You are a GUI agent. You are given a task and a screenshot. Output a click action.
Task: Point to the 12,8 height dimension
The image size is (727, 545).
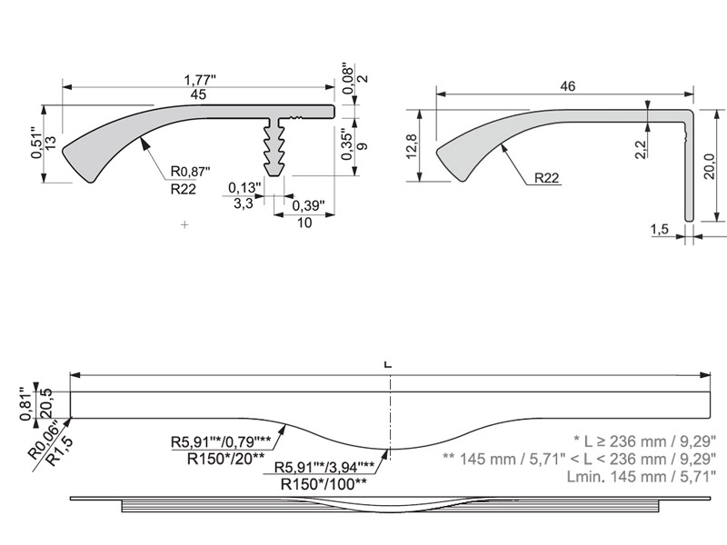tap(411, 146)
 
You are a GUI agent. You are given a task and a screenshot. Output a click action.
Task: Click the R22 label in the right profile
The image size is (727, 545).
tap(546, 178)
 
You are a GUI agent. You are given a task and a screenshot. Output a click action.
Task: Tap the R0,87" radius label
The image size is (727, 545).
tap(189, 172)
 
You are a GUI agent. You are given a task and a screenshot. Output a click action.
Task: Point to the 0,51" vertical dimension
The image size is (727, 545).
tap(36, 143)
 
